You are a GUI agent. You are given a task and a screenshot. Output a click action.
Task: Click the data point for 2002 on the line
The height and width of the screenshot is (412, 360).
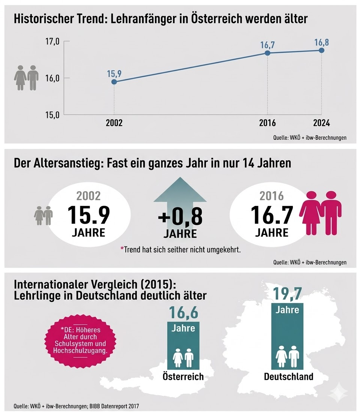coord(114,82)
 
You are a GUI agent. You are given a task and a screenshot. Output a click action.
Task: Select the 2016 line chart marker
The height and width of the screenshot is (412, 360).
coord(267,53)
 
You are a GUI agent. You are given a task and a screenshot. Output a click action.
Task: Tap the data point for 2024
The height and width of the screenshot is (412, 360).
coord(321,50)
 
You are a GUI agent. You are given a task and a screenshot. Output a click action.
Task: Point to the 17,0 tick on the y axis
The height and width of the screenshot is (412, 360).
coord(52,42)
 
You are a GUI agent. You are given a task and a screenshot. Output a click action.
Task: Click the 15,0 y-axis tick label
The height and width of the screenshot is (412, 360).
coord(52,115)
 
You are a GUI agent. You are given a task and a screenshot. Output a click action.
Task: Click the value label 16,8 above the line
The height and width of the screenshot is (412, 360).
coord(321,42)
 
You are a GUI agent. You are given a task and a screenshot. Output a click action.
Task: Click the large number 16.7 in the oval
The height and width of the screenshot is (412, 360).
coord(271,215)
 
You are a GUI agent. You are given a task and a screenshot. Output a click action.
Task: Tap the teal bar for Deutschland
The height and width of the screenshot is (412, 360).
coord(288,337)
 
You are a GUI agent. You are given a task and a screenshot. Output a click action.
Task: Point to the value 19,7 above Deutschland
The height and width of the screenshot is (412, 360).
coord(288,293)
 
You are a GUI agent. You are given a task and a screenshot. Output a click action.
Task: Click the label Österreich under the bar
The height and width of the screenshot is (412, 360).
coord(183,376)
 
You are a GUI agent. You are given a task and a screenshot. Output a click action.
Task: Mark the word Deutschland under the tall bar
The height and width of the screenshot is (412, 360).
coord(288,376)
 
